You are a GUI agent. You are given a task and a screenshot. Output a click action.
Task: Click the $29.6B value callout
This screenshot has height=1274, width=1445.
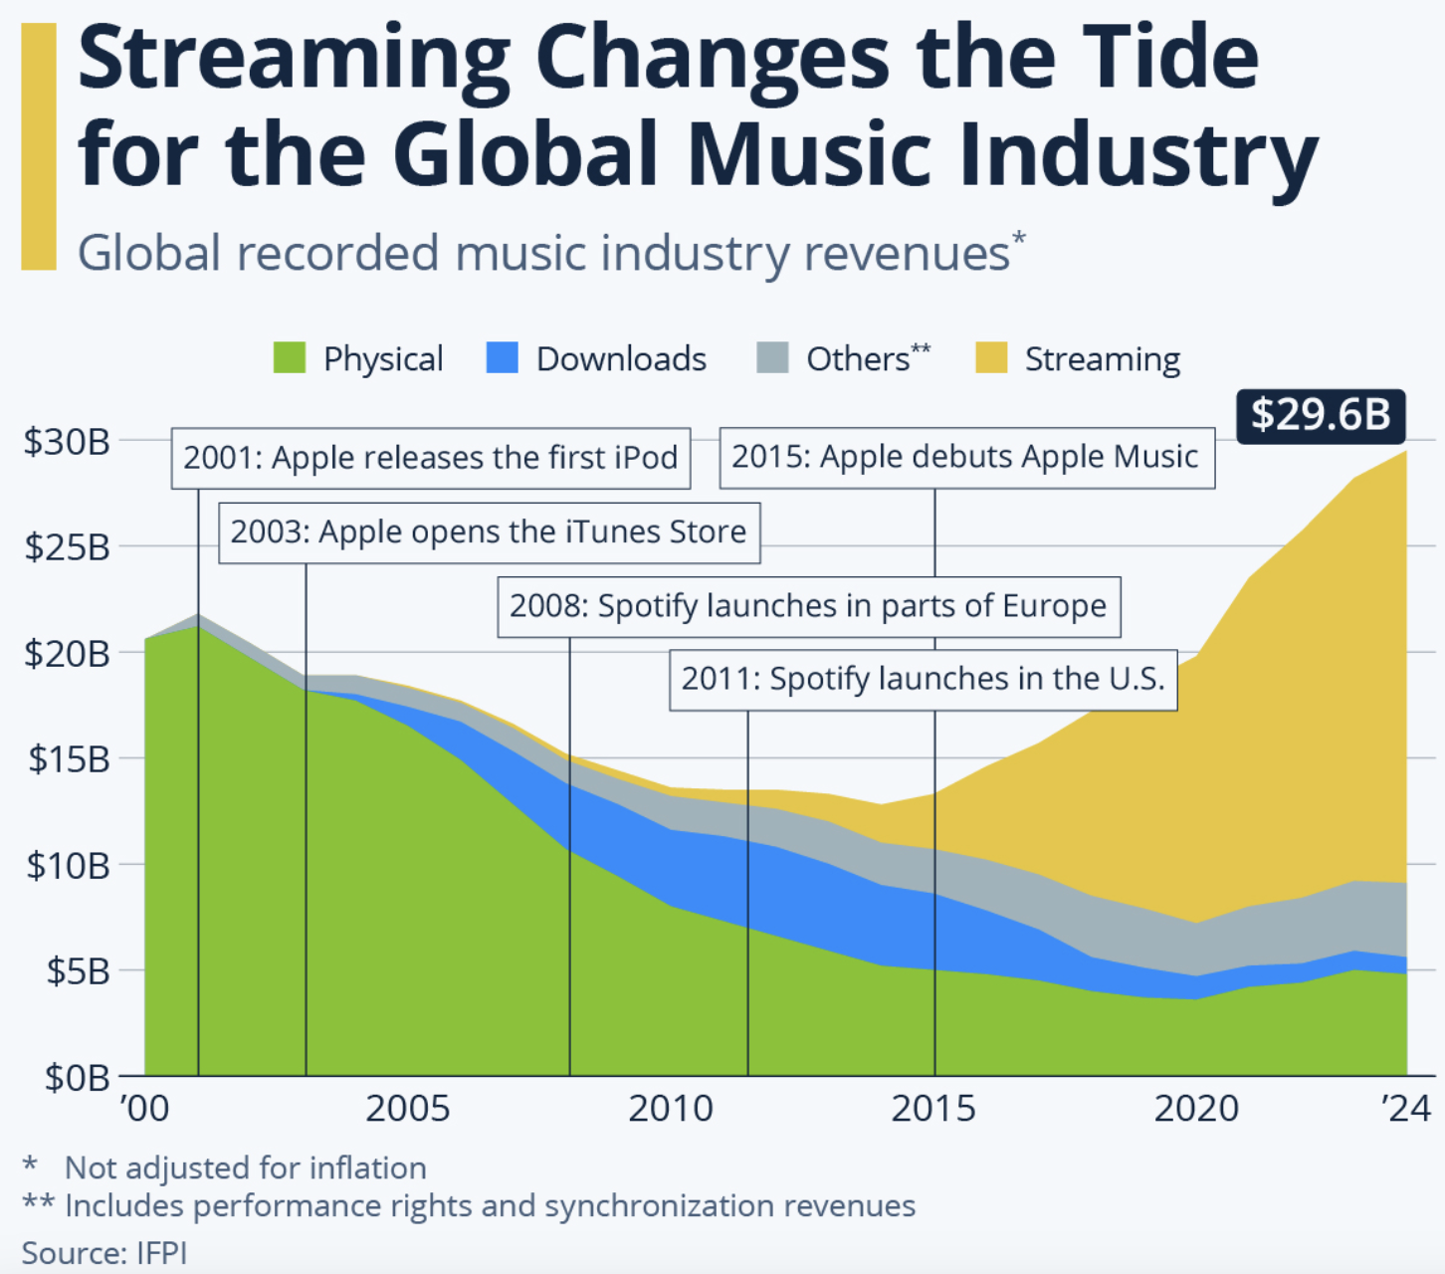point(1320,415)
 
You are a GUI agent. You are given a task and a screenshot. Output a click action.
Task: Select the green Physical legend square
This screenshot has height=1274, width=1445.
point(290,357)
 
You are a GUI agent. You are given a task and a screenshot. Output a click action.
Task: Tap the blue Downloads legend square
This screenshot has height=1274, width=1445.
point(502,357)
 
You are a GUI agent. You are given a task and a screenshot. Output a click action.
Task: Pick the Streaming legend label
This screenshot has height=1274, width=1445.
point(1102,359)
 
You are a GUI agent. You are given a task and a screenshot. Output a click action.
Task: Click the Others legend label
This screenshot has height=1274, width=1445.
point(866,358)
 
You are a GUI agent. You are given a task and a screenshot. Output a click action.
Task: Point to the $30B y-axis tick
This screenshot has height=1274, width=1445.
point(68,441)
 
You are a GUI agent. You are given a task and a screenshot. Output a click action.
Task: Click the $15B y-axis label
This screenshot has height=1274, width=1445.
point(68,759)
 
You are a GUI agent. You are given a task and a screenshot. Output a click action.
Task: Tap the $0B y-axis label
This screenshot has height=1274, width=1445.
point(76,1077)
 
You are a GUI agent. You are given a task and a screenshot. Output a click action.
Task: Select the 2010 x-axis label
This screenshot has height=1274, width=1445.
point(670,1108)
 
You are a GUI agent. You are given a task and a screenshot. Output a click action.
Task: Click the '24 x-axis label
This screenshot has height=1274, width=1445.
point(1406,1108)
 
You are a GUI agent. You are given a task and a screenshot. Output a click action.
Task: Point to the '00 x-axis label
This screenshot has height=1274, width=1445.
point(145,1108)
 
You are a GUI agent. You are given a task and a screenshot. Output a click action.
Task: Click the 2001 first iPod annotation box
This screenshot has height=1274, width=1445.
point(430,458)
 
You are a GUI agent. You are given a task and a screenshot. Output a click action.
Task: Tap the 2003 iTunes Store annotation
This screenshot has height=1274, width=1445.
point(489,532)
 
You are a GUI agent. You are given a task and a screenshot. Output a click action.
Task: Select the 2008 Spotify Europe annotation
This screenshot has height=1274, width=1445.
point(808,606)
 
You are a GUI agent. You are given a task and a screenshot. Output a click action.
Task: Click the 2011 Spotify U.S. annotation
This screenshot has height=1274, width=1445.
point(923,680)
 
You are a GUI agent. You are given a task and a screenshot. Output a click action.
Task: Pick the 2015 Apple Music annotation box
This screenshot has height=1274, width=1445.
point(965,457)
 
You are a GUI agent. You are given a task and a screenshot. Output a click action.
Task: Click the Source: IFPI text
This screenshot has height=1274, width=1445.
point(103,1252)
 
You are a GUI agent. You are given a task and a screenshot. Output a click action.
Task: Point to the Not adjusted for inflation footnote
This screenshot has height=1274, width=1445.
point(245,1168)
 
